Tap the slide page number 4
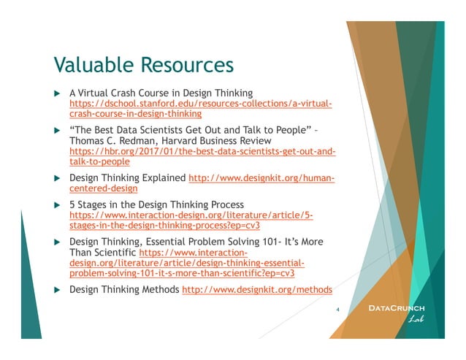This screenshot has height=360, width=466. [x=337, y=309]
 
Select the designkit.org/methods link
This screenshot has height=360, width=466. [x=256, y=290]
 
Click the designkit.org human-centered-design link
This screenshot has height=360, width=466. [x=261, y=177]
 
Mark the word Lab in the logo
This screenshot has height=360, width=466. [x=414, y=319]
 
